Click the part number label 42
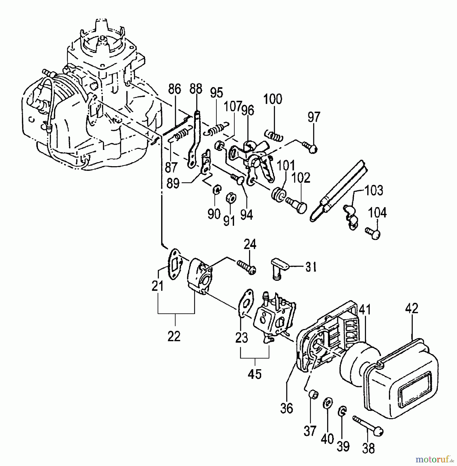click(411, 309)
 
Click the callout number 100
click(273, 100)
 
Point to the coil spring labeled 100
click(274, 136)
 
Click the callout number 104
click(377, 213)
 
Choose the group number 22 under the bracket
click(174, 337)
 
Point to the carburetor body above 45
click(274, 318)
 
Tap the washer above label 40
click(327, 404)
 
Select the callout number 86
click(174, 89)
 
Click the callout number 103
click(374, 191)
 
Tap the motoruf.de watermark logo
click(434, 459)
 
